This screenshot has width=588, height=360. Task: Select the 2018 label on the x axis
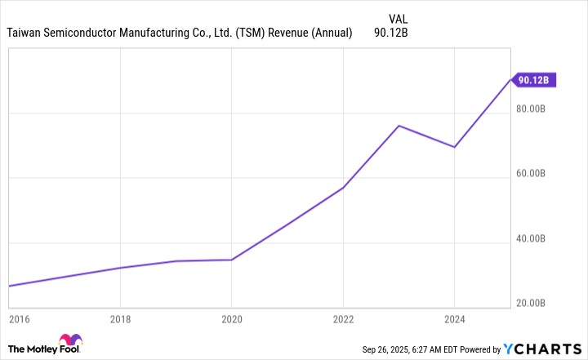click(120, 317)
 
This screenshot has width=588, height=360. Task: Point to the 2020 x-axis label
click(232, 317)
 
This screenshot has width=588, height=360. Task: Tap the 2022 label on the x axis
click(343, 317)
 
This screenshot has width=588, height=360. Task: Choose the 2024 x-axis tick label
click(455, 317)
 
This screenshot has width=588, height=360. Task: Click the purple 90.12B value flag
click(534, 80)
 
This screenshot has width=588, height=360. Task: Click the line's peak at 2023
click(399, 126)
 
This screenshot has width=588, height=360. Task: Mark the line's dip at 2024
click(454, 147)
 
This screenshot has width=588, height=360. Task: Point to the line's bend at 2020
click(232, 260)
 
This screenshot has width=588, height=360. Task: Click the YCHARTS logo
click(544, 349)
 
